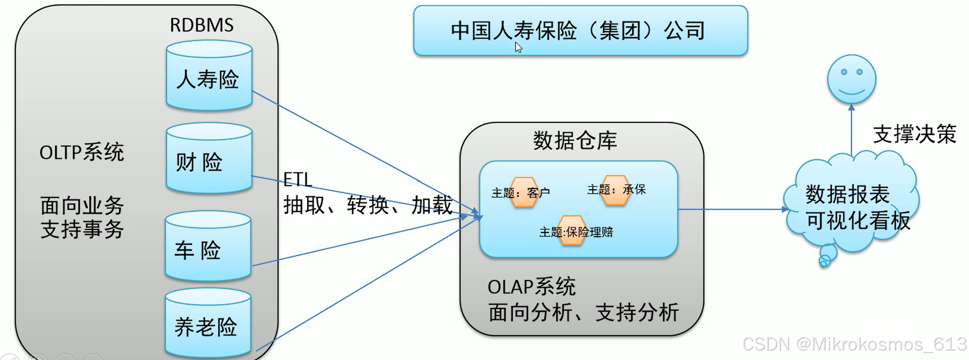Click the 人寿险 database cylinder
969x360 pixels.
pos(209,77)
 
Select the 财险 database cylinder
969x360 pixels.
pos(209,159)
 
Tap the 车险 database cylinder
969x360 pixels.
pos(208,247)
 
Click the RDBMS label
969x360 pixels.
pos(201,25)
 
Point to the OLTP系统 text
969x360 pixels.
pos(82,152)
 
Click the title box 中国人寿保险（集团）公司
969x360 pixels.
pos(580,31)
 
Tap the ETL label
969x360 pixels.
pos(297,180)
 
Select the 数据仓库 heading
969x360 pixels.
pos(575,141)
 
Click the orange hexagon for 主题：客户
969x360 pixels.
pos(524,192)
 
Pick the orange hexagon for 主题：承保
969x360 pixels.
pos(615,190)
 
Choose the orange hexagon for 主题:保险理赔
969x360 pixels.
pos(572,231)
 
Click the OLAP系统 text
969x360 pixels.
pos(531,287)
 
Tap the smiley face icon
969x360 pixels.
pos(851,79)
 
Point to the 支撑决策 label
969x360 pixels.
pos(914,134)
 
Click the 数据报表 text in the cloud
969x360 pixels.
pos(847,194)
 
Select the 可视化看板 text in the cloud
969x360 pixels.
pos(858,220)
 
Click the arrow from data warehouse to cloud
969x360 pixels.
pos(732,209)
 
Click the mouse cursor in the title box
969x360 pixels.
pos(518,47)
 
